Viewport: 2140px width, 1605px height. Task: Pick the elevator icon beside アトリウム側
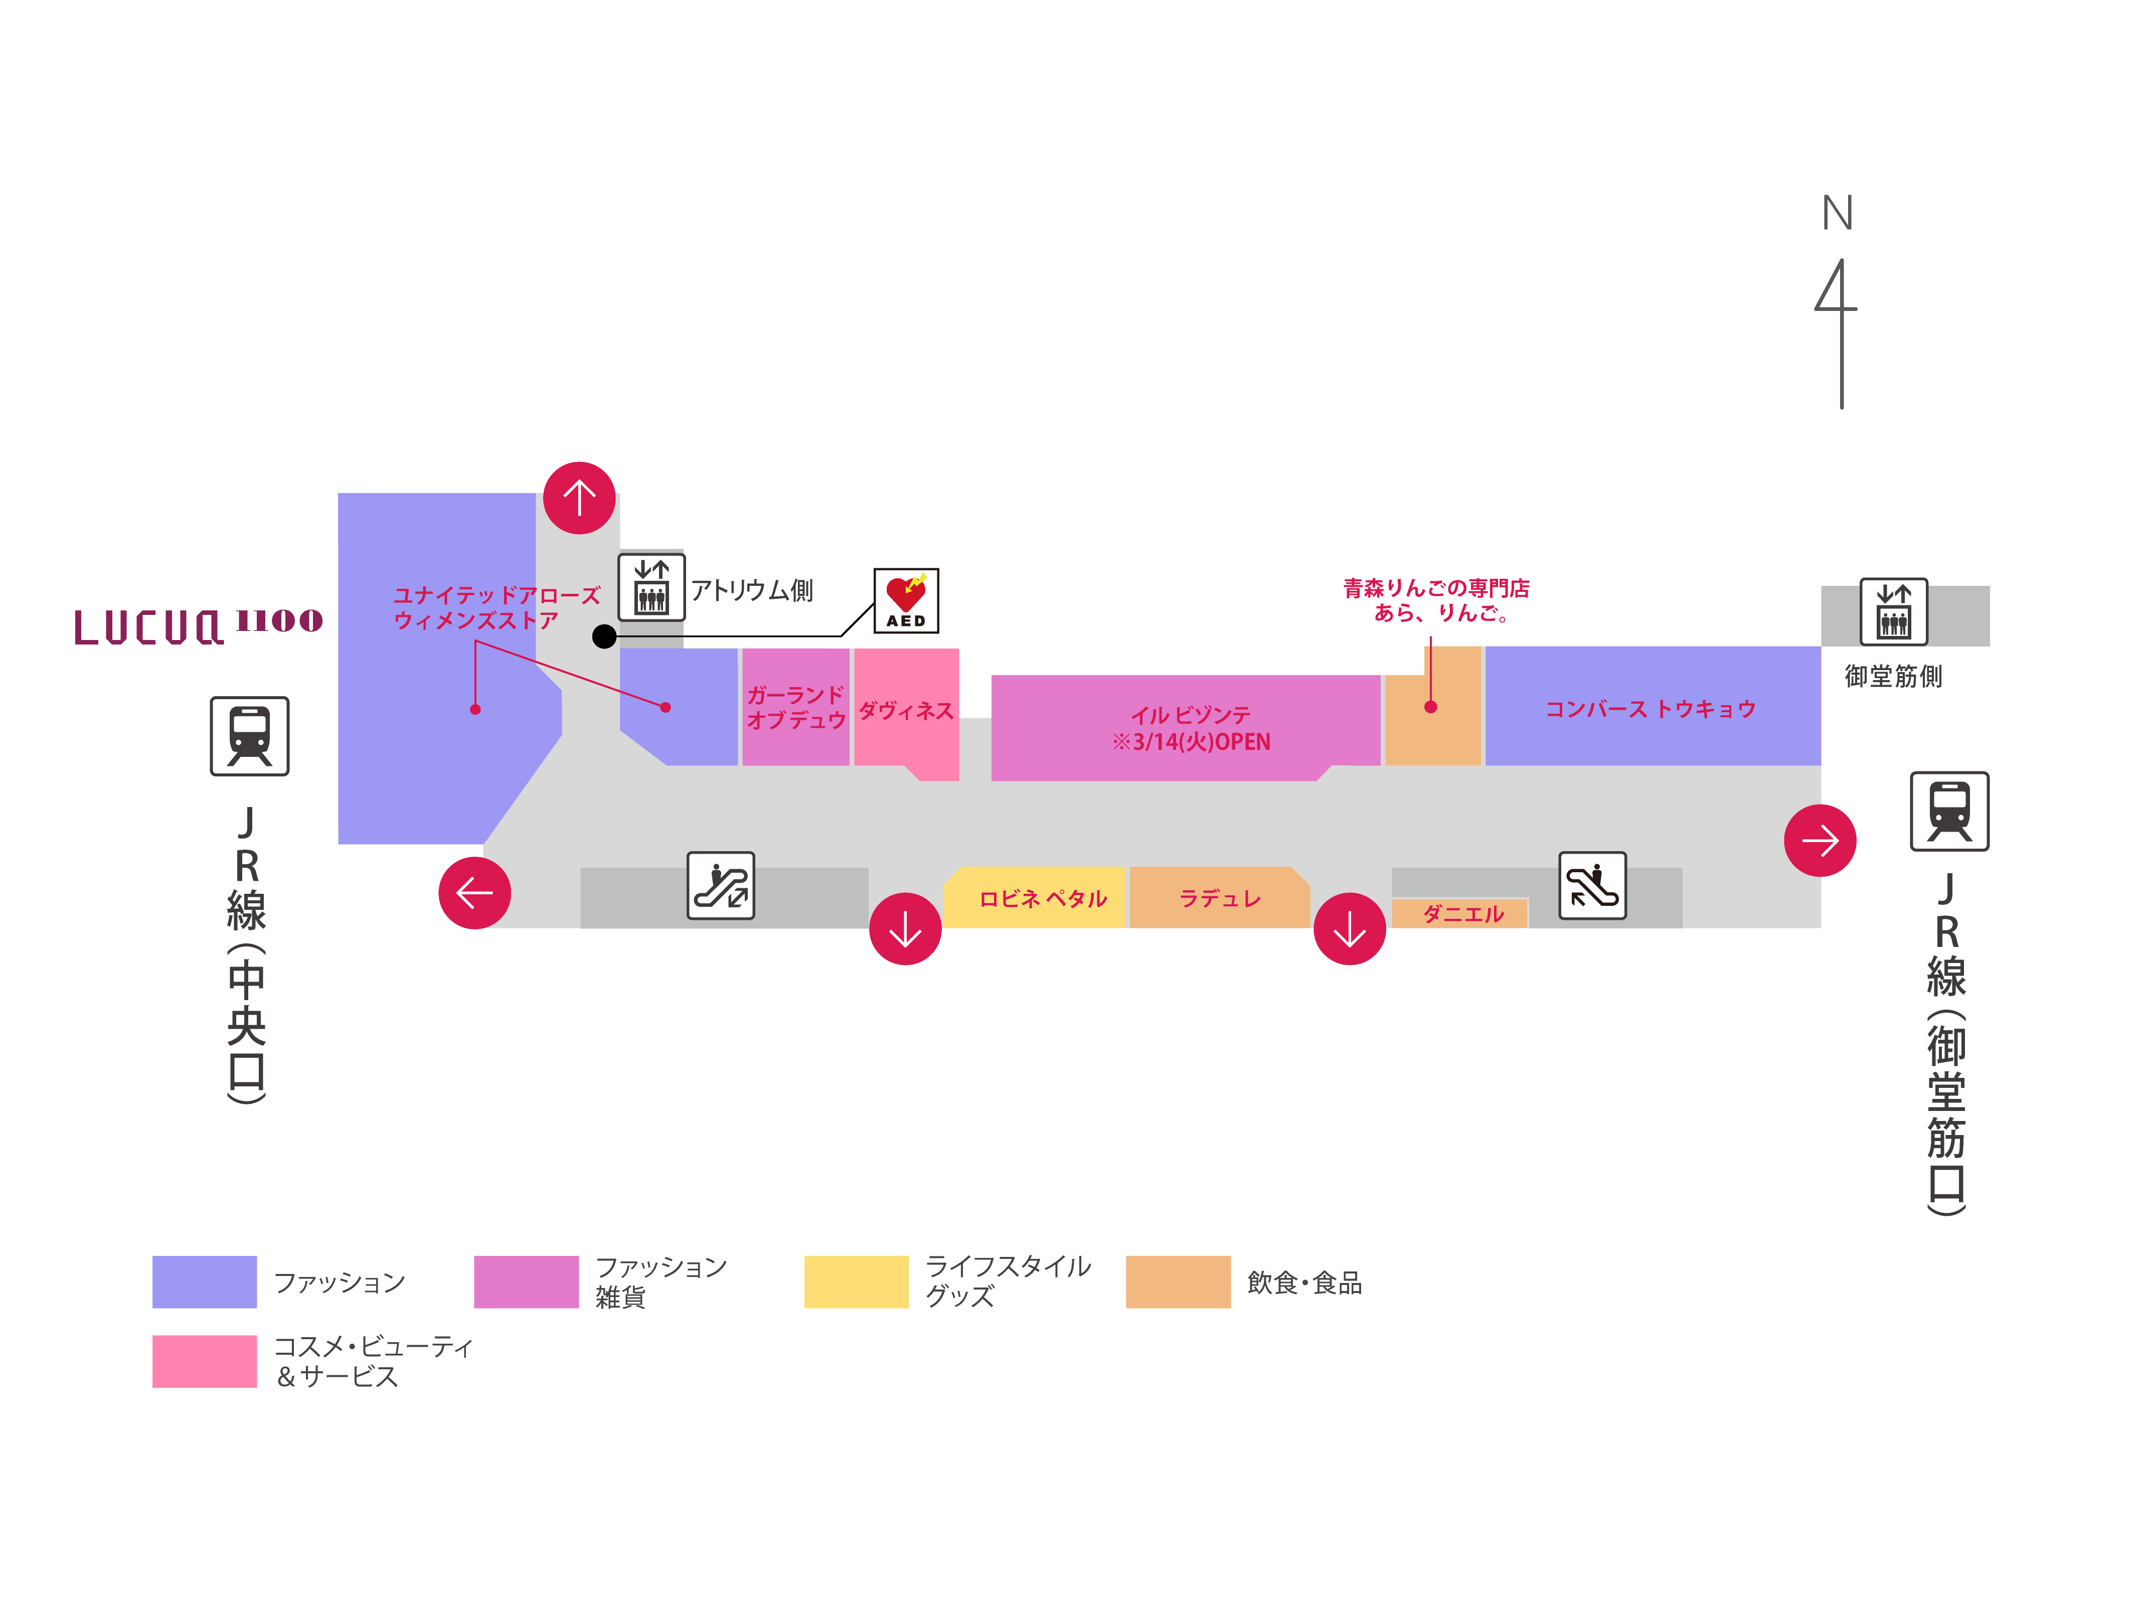651,587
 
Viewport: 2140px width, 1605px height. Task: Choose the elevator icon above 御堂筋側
1893,611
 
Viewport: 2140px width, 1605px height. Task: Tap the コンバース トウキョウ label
1650,709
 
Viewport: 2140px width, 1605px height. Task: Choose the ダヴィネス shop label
906,711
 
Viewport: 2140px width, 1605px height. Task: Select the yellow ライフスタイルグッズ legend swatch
856,1282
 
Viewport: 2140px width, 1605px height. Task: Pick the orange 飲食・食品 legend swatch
1178,1282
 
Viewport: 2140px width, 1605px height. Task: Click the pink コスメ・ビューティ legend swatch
204,1361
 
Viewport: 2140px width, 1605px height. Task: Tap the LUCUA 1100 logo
198,624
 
